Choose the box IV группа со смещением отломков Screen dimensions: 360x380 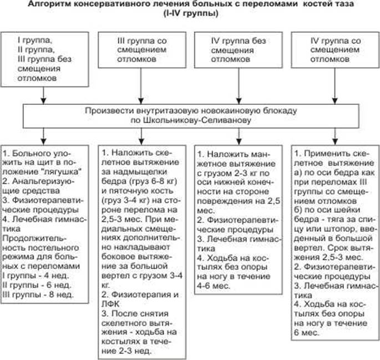(332, 50)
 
